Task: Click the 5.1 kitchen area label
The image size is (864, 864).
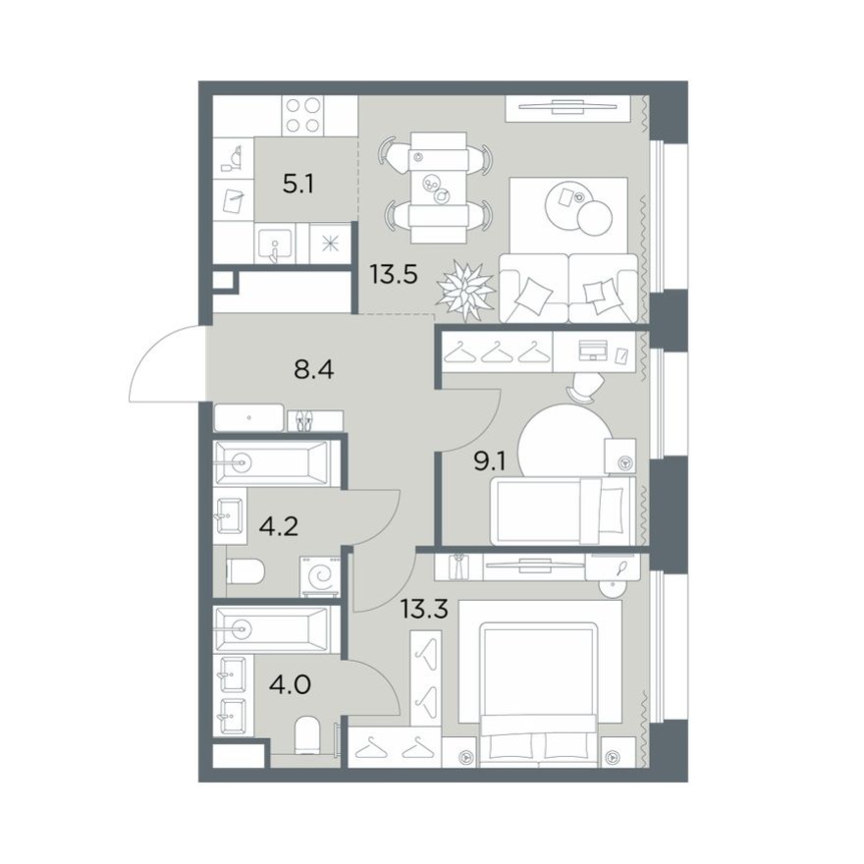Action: tap(298, 184)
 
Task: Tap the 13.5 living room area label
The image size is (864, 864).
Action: tap(394, 274)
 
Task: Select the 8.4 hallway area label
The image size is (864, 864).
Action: tap(314, 370)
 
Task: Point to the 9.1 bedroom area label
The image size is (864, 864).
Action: tap(490, 461)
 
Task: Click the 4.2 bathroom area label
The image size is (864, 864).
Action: tap(279, 527)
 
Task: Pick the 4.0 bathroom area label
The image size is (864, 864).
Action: tap(290, 685)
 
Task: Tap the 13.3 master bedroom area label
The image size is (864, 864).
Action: tap(424, 610)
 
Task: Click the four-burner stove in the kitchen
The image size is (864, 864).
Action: tap(302, 115)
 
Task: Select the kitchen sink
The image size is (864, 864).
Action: tap(274, 244)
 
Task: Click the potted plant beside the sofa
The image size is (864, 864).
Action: tap(466, 291)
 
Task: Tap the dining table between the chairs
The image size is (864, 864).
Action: tap(439, 188)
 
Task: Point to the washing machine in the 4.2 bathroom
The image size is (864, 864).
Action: tap(320, 576)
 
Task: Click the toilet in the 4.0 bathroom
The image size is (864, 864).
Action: tap(307, 735)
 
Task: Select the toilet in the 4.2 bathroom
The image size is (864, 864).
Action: tap(245, 570)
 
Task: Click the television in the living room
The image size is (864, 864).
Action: tap(567, 109)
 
